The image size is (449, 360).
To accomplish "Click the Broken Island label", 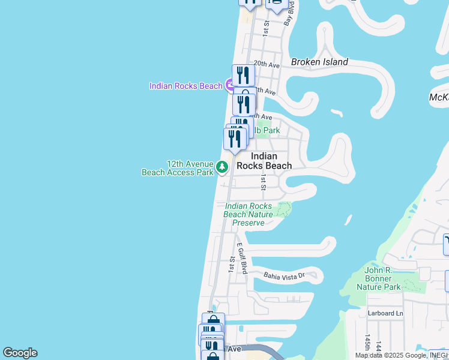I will click(x=319, y=62).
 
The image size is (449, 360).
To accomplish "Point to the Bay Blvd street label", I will click(x=289, y=12).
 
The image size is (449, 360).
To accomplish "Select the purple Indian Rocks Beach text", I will click(x=186, y=86).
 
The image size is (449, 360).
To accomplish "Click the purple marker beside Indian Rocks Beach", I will click(x=230, y=86).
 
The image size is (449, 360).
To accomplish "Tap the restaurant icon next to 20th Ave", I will click(x=243, y=75).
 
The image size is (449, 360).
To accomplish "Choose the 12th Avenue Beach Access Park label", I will click(x=178, y=168).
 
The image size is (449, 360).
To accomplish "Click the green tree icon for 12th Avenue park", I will click(x=222, y=167).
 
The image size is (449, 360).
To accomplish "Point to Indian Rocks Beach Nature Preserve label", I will click(x=248, y=214).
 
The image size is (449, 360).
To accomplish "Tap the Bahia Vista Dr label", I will click(x=285, y=275).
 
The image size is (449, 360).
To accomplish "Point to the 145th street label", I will click(x=367, y=344).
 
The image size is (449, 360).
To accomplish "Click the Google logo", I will click(x=20, y=353).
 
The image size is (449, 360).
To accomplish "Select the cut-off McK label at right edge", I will click(x=439, y=97).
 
